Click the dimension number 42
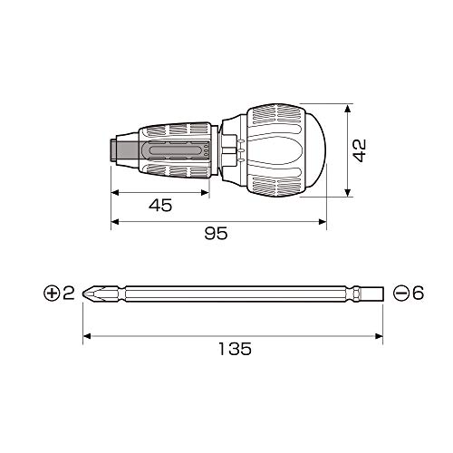[x=360, y=150]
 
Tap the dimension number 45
[x=160, y=206]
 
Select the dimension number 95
[x=216, y=233]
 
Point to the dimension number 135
[x=235, y=349]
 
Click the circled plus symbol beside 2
[x=52, y=294]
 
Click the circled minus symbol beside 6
[x=401, y=294]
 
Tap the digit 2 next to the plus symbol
[x=69, y=294]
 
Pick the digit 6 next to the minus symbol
[x=419, y=294]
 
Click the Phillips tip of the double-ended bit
[x=91, y=294]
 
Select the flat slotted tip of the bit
[x=371, y=294]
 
